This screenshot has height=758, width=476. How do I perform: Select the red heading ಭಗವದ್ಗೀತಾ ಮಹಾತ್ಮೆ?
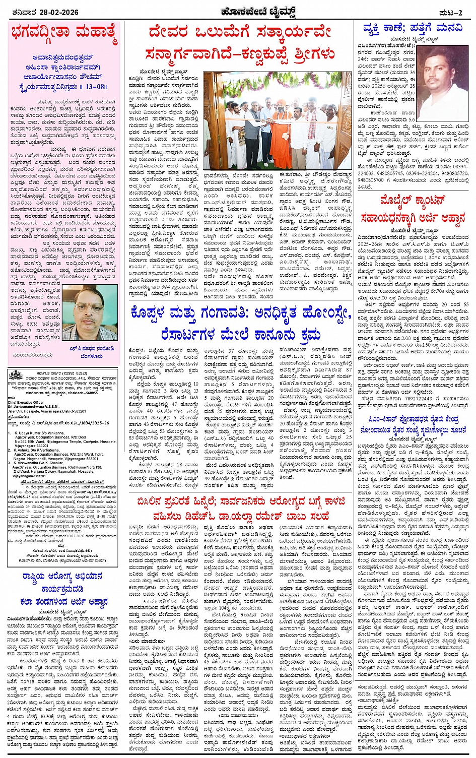pos(64,35)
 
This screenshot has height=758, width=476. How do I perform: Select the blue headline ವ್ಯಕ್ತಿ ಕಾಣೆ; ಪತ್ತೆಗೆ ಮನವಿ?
pos(413,28)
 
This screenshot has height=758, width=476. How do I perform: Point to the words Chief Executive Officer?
pos(25,403)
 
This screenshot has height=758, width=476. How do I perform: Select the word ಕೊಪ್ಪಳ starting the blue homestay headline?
pos(151,313)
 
